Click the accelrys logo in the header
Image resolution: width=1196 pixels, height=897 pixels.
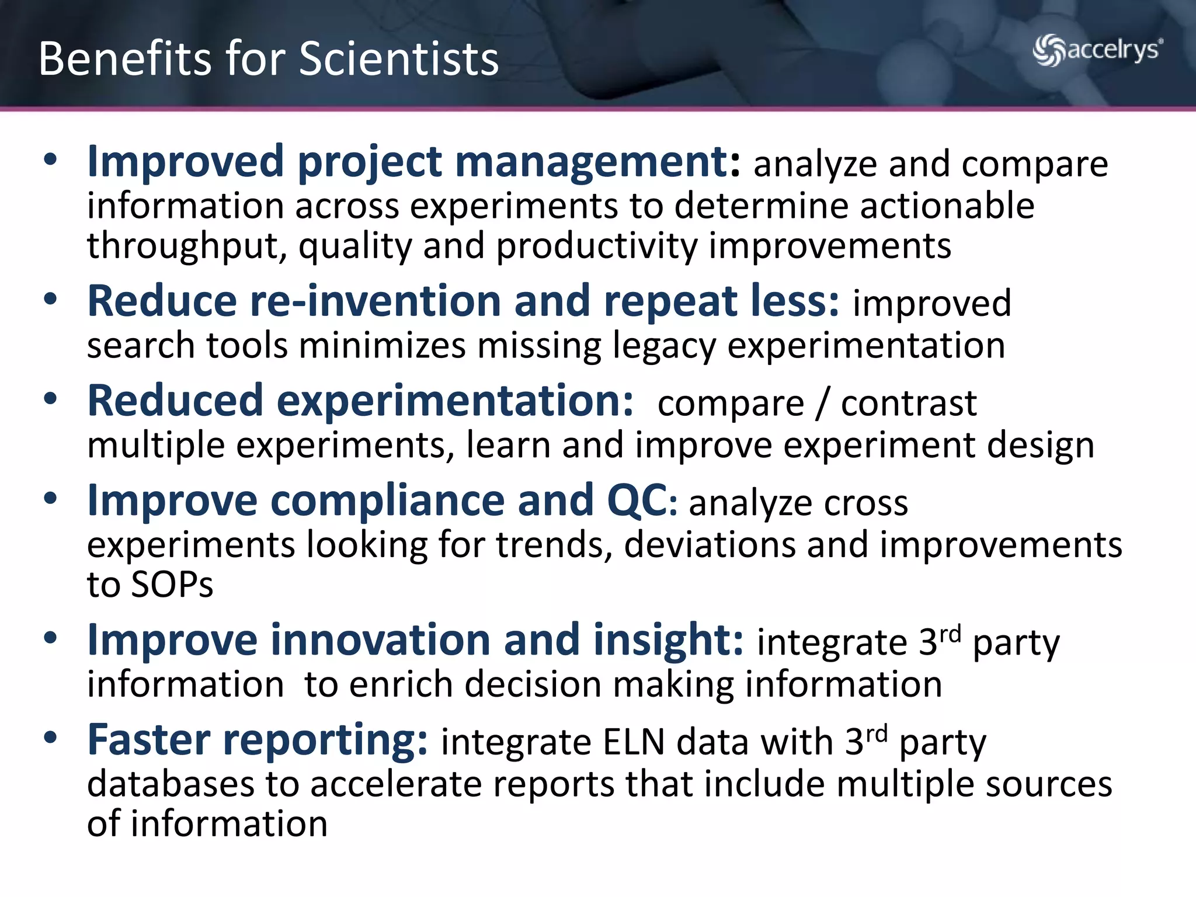pyautogui.click(x=1097, y=50)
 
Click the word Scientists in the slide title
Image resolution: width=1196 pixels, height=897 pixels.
pyautogui.click(x=399, y=59)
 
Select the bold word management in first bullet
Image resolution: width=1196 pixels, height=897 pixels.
pyautogui.click(x=590, y=162)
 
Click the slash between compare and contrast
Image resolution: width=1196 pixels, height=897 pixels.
pyautogui.click(x=822, y=404)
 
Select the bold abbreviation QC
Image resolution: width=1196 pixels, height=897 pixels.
pyautogui.click(x=637, y=501)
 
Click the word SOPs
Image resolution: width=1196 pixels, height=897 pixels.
pyautogui.click(x=172, y=584)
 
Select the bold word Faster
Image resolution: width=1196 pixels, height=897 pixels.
pyautogui.click(x=148, y=740)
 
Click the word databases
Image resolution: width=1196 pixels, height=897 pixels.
pyautogui.click(x=171, y=784)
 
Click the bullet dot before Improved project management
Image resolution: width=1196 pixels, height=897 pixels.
pyautogui.click(x=51, y=160)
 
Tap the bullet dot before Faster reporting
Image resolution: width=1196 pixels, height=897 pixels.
pyautogui.click(x=51, y=738)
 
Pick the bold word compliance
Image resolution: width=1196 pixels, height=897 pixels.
pyautogui.click(x=387, y=501)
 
